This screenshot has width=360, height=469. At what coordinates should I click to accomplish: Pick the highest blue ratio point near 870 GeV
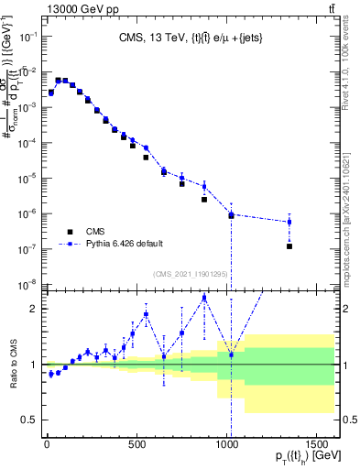204,298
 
